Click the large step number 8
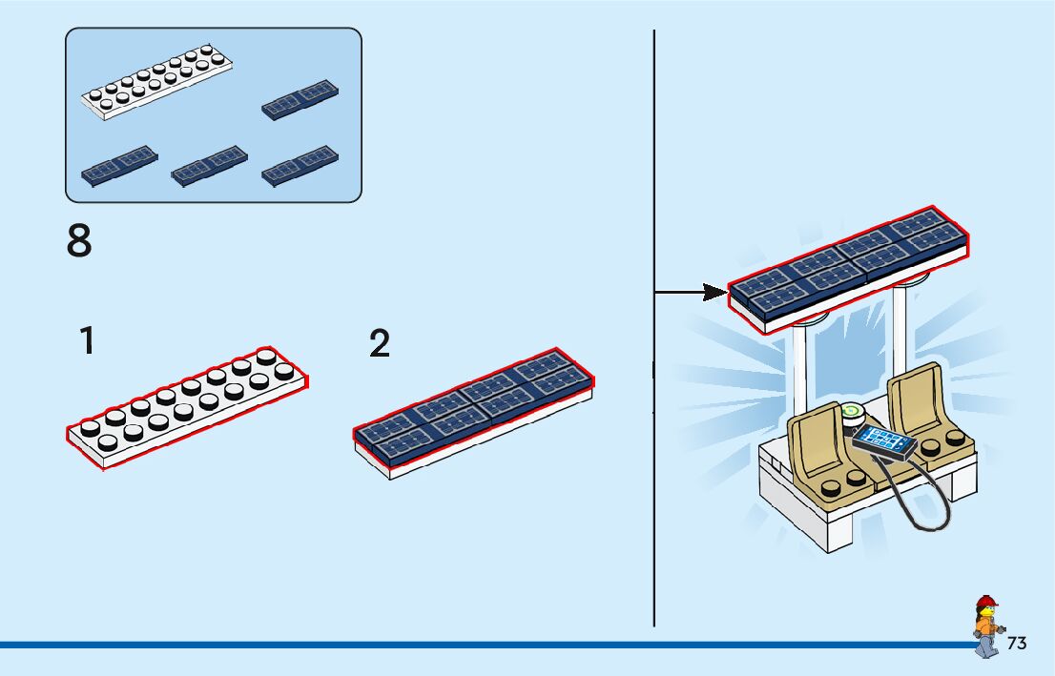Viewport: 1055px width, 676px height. click(x=79, y=241)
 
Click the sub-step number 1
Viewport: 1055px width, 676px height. click(x=87, y=340)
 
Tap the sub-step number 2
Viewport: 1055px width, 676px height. click(x=380, y=344)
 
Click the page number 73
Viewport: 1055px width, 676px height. click(x=1017, y=643)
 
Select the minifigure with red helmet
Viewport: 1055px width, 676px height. click(x=986, y=625)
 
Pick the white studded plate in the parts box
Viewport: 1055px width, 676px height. click(x=157, y=82)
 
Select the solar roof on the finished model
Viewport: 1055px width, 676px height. click(x=849, y=268)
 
